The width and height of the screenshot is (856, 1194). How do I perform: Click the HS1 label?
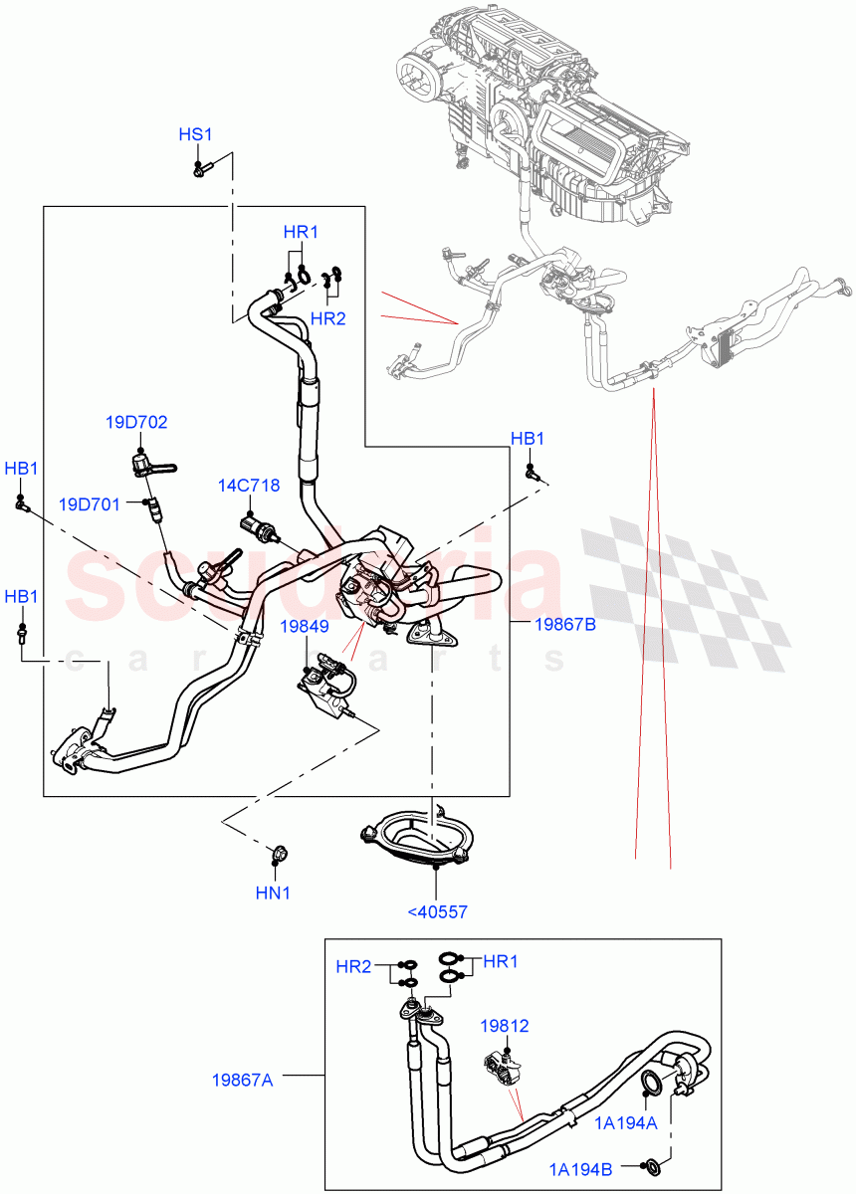[196, 134]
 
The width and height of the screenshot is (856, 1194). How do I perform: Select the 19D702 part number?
[136, 422]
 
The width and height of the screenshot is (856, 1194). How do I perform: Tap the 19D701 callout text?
[89, 504]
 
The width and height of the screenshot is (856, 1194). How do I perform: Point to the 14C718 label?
[249, 486]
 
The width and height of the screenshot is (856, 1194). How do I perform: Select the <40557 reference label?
[437, 910]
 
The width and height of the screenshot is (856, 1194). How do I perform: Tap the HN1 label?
[273, 893]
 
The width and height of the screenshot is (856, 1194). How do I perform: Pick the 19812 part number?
[504, 1025]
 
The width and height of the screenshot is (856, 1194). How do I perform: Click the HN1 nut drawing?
[279, 853]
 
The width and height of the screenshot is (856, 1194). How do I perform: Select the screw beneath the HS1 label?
[199, 169]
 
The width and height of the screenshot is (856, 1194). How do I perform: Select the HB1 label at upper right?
[527, 439]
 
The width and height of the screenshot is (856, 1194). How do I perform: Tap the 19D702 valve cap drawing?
[145, 462]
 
